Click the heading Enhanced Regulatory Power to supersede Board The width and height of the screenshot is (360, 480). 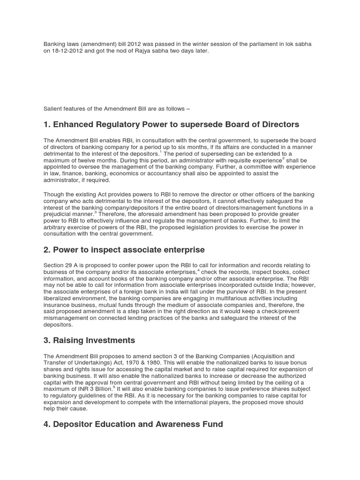tap(171, 124)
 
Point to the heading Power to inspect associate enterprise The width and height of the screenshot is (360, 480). tap(124, 250)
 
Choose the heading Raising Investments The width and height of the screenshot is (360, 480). tap(89, 340)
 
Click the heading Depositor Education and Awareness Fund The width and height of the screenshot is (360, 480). tap(133, 424)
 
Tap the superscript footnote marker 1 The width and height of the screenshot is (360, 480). tap(160, 152)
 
